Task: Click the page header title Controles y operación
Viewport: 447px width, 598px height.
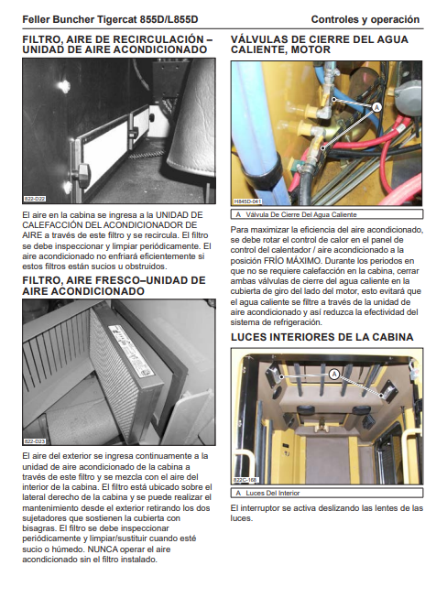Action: (x=365, y=19)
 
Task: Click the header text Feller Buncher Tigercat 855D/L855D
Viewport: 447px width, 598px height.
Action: (x=110, y=19)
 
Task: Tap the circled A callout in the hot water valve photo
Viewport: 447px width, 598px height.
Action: (x=376, y=107)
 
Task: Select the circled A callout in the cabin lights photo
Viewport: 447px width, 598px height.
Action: (x=334, y=375)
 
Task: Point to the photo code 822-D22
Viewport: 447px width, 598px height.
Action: (x=35, y=199)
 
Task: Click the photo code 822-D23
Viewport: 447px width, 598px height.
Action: (x=35, y=441)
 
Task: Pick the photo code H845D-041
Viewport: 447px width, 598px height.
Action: (x=247, y=201)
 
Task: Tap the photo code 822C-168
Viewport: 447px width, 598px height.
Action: (x=245, y=480)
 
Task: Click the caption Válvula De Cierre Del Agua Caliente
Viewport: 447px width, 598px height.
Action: (x=301, y=214)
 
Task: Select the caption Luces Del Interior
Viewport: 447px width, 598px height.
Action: (x=272, y=493)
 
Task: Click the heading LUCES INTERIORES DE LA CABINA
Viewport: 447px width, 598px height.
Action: (x=322, y=337)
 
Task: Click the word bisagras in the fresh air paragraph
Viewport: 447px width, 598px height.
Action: (x=38, y=528)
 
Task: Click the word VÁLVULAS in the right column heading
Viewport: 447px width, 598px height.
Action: (x=258, y=39)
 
